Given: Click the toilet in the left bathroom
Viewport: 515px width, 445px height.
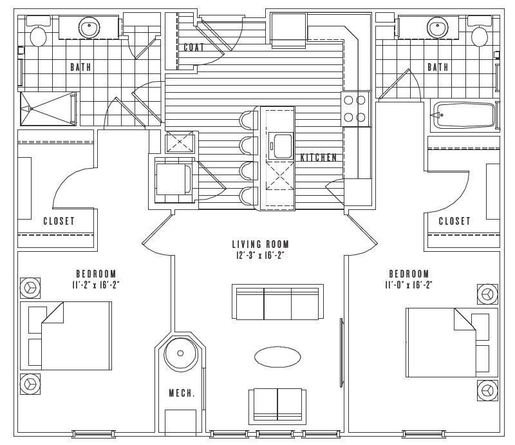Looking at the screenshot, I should coord(39,35).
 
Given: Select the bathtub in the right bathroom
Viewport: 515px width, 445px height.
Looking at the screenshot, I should coord(464,116).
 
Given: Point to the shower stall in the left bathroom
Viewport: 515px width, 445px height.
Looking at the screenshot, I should coord(48,108).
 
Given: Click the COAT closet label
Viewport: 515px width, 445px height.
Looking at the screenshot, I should coord(194,48).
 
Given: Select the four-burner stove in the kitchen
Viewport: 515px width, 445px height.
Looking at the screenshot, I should coord(355,109).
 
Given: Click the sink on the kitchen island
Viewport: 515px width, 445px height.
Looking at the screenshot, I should coord(280,144).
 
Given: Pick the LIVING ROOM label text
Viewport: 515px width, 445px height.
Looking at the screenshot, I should coord(260,244).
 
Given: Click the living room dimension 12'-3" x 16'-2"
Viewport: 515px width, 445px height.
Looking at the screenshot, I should coord(260,256).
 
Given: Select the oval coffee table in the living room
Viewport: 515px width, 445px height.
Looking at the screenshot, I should coord(276,357).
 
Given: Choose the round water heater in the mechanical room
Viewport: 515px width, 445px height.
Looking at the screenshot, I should coord(178,353).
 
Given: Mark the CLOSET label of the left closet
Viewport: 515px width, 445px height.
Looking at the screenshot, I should coord(59,221).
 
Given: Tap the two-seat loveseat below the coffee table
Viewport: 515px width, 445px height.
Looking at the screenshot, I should coord(277,404).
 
